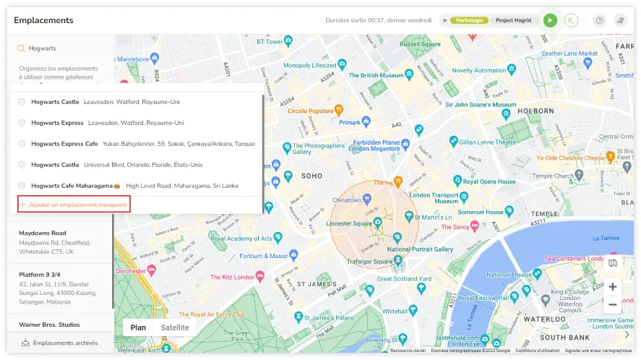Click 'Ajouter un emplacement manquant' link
tap(78, 205)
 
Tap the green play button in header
tap(550, 20)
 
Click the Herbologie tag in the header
tap(469, 20)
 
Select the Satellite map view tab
tap(175, 327)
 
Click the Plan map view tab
tap(138, 327)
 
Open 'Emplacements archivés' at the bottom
tap(66, 343)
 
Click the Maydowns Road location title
tap(42, 233)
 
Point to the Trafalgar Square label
tap(373, 261)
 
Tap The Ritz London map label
tap(231, 277)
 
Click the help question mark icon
tap(599, 20)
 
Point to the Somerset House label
tap(480, 212)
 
